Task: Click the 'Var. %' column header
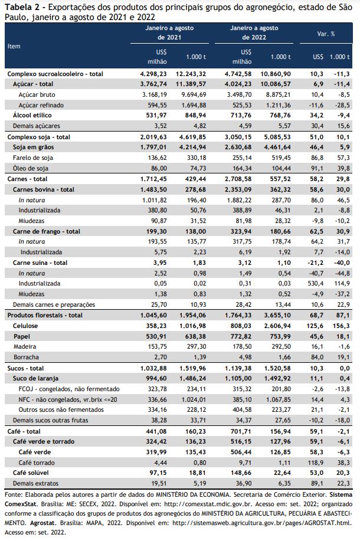[326, 34]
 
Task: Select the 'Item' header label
[14, 46]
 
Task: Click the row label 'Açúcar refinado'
[41, 105]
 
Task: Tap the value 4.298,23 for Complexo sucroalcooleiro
[153, 74]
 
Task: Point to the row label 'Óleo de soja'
[30, 168]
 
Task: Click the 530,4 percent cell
[316, 284]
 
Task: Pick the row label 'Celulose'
[25, 326]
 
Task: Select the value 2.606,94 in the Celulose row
[278, 326]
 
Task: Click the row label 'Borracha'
[26, 357]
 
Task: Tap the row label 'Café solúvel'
[31, 473]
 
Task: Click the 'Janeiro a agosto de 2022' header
[254, 33]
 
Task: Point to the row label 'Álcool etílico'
[32, 115]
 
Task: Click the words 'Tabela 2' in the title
[19, 7]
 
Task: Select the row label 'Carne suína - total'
[40, 263]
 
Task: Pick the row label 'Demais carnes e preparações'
[54, 304]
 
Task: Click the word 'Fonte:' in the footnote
[12, 495]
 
